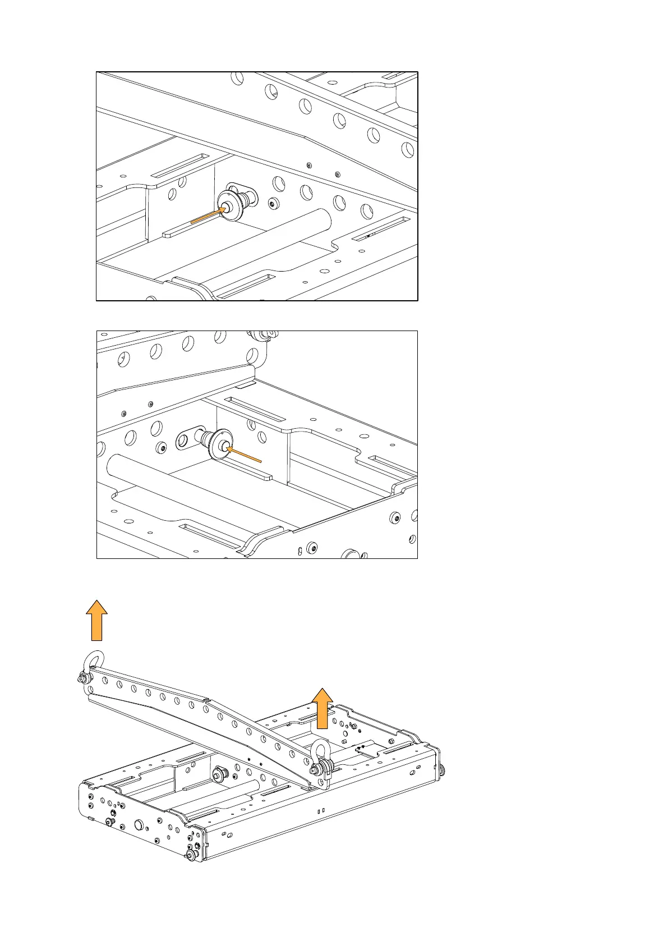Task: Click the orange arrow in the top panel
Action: (209, 215)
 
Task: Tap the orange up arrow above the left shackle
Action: (96, 620)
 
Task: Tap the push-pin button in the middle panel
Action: (223, 447)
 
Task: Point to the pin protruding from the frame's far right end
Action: (443, 770)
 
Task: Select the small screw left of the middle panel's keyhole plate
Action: (163, 448)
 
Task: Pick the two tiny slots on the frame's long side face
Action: (321, 811)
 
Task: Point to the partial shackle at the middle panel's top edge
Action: (264, 336)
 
